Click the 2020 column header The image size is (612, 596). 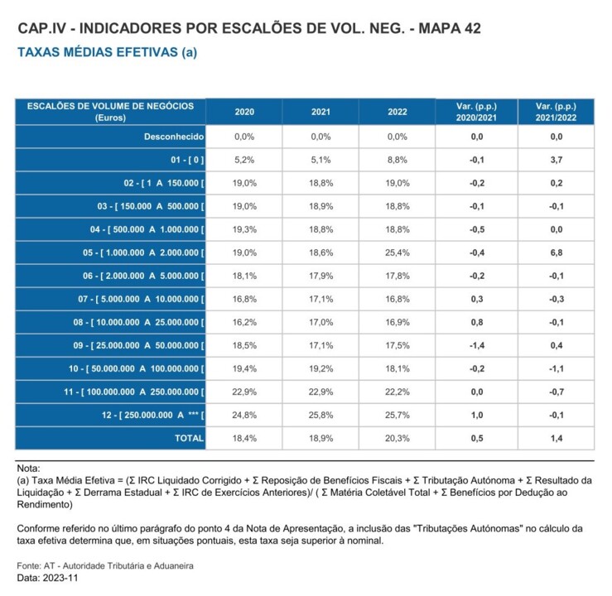(244, 112)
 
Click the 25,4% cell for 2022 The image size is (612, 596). (398, 252)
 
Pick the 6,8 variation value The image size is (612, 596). (556, 252)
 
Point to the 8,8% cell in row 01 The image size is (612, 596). (398, 159)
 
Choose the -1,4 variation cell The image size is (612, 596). (476, 344)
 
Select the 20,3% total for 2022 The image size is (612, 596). (398, 438)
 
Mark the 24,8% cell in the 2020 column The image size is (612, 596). (244, 414)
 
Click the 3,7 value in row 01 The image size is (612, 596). (556, 159)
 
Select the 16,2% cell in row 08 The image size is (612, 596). (244, 321)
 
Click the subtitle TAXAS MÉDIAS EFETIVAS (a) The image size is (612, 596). (107, 51)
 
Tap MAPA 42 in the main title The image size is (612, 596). (451, 29)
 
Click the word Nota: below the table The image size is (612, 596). (28, 469)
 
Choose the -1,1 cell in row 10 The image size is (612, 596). (556, 368)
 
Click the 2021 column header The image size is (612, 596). (320, 112)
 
